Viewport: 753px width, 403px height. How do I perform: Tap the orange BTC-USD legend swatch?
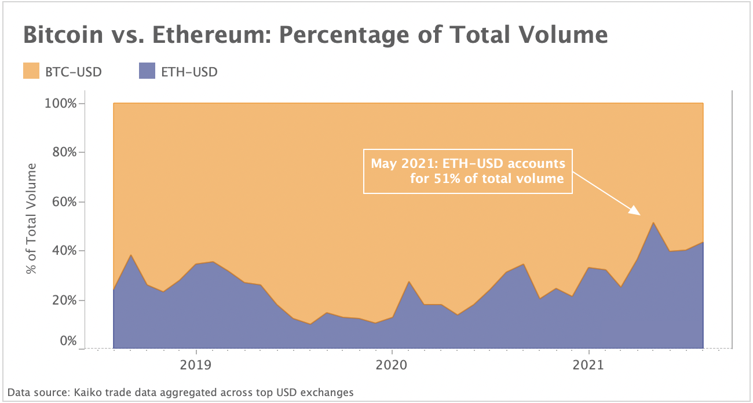[x=31, y=71]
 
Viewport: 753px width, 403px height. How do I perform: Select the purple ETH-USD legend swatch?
[x=147, y=71]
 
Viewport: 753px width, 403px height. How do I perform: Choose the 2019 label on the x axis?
[x=196, y=365]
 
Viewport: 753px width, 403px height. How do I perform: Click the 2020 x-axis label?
[x=392, y=365]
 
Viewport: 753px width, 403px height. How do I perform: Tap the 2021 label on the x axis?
[x=588, y=365]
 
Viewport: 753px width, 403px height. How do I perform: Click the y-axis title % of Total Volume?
[x=31, y=218]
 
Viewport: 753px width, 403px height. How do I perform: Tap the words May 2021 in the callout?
[x=401, y=164]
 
